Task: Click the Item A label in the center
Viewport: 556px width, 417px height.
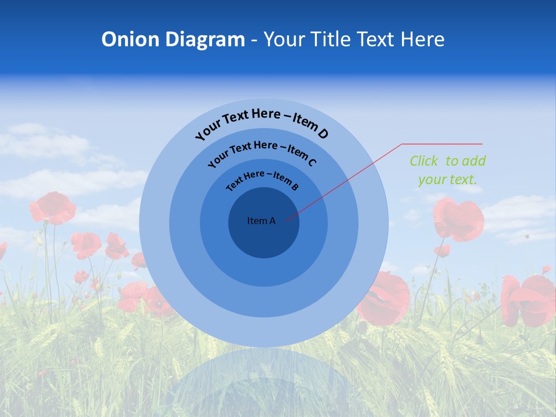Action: pyautogui.click(x=261, y=221)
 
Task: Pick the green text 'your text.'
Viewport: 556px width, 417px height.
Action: pyautogui.click(x=448, y=180)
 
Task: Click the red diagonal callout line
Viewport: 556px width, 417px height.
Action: pyautogui.click(x=348, y=180)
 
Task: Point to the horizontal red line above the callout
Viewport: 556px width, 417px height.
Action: pyautogui.click(x=442, y=144)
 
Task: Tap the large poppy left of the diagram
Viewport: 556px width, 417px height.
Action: pyautogui.click(x=53, y=207)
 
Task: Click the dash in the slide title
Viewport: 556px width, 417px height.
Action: pyautogui.click(x=254, y=39)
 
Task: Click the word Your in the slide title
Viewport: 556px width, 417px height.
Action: pyautogui.click(x=284, y=39)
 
